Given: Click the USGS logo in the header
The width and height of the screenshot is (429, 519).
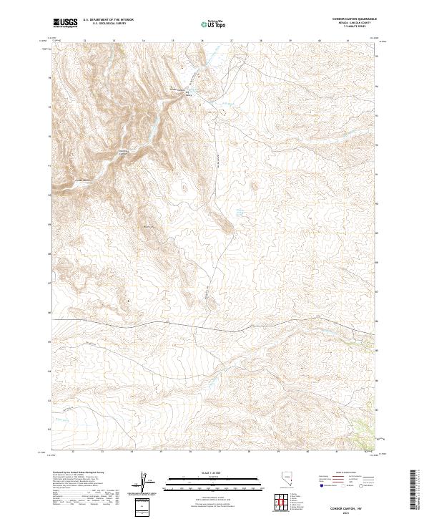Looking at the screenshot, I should [x=65, y=24].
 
